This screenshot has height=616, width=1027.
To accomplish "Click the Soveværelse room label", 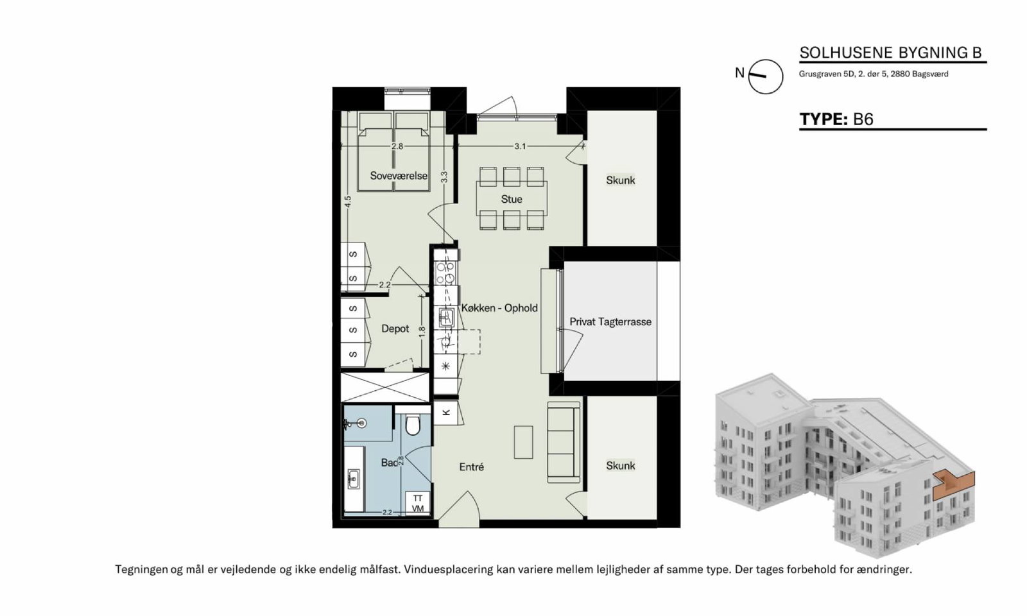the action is point(399,176).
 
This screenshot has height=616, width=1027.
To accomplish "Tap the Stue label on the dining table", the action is point(511,200).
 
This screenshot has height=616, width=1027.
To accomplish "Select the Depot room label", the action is point(395,329).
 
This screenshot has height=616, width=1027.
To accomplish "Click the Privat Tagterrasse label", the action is point(610,321).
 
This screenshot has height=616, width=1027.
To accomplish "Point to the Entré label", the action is point(471,466).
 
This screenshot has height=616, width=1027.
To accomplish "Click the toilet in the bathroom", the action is point(413,425).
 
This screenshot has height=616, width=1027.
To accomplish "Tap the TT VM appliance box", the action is point(417,503).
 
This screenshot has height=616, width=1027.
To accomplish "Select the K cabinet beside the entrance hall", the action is point(445,413).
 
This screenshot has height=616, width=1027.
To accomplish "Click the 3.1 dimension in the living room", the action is point(520,146).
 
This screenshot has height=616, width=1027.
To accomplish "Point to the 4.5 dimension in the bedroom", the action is point(348,201).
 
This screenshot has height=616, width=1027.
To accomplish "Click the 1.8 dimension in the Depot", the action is point(422,331).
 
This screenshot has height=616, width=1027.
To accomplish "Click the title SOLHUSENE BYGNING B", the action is point(890,53).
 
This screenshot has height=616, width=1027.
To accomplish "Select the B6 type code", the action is point(863,119).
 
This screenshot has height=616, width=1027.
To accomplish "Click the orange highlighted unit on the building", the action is point(954,486).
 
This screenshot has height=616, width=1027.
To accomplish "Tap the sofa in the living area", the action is point(564,442).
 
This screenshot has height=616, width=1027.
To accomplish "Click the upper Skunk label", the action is point(620,180).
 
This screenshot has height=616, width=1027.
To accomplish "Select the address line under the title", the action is point(874,74).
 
